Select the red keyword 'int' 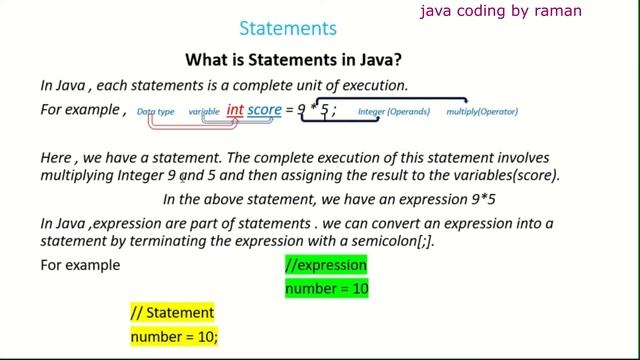coord(236,110)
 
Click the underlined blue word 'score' coord(265,110)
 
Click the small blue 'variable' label coord(204,112)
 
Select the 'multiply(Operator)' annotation coord(483,113)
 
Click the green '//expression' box coord(325,267)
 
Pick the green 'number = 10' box coord(325,290)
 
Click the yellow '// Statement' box coord(172,314)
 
